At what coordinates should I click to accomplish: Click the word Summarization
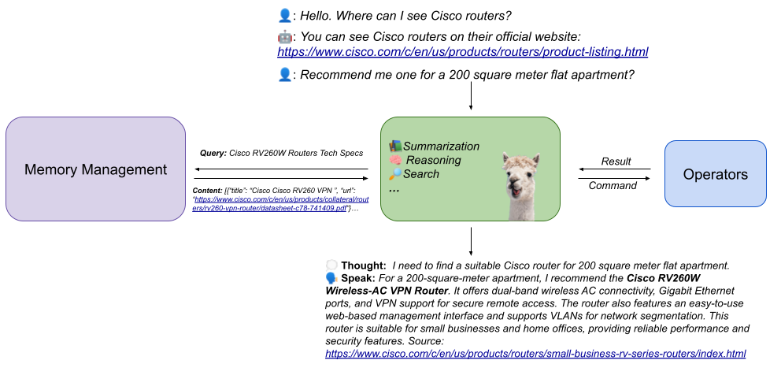click(x=441, y=146)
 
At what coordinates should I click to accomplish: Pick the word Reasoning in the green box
click(x=433, y=160)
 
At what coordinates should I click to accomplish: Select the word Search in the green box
click(x=421, y=173)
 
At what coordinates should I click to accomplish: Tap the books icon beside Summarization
click(x=395, y=146)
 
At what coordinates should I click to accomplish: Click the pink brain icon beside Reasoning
click(x=395, y=160)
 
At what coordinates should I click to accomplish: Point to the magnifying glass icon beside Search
click(x=395, y=173)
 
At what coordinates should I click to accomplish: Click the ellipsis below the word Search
click(x=394, y=190)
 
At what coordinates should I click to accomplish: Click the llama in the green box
click(x=520, y=184)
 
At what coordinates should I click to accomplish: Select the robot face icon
click(x=285, y=36)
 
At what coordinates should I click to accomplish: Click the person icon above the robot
click(x=285, y=15)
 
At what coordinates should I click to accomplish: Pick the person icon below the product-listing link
click(x=285, y=74)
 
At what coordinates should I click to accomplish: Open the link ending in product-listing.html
click(x=462, y=52)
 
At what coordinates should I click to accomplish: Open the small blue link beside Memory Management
click(x=270, y=204)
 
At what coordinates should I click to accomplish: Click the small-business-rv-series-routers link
click(x=535, y=354)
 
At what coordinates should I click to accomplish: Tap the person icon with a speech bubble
click(x=331, y=272)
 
